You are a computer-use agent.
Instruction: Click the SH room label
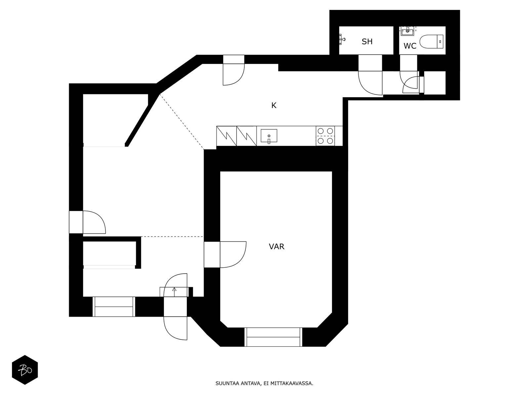[x=367, y=42]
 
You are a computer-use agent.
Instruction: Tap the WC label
[x=410, y=46]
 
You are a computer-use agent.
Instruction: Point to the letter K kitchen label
[x=274, y=105]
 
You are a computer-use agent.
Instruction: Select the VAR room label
[x=276, y=246]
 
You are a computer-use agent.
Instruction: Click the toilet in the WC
[x=431, y=41]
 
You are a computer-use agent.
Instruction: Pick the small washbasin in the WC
[x=408, y=31]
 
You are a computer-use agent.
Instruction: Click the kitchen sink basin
[x=269, y=136]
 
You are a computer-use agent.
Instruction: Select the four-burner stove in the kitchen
[x=325, y=136]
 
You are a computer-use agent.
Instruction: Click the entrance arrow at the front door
[x=174, y=292]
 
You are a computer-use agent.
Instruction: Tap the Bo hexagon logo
[x=25, y=370]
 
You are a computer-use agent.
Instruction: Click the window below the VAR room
[x=273, y=337]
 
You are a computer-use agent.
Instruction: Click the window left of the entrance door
[x=114, y=307]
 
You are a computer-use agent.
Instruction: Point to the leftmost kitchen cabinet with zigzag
[x=226, y=136]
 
